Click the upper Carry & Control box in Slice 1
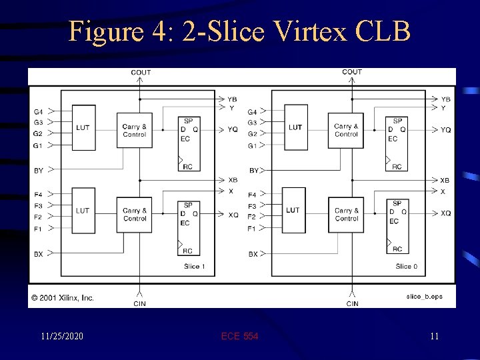click(x=135, y=131)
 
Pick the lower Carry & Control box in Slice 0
click(x=346, y=214)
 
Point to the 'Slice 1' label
click(x=195, y=267)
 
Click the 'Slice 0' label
click(x=406, y=267)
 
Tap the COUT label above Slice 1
click(x=141, y=72)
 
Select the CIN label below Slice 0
click(x=352, y=304)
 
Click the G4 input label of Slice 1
click(x=39, y=111)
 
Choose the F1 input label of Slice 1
click(x=39, y=229)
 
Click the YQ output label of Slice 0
click(x=446, y=130)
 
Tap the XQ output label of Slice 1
click(x=233, y=215)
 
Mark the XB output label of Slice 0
click(x=445, y=180)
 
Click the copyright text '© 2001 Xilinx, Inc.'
click(x=61, y=298)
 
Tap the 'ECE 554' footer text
click(x=239, y=337)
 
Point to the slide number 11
click(x=434, y=337)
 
